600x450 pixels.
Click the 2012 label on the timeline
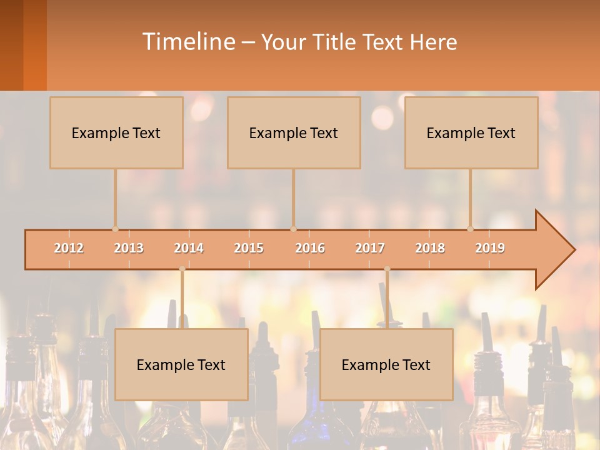(x=69, y=248)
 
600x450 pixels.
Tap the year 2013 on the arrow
(x=129, y=248)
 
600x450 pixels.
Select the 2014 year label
(x=189, y=248)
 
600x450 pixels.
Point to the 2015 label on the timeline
(x=249, y=248)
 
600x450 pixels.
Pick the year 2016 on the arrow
(x=310, y=248)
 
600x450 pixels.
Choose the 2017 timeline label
(x=370, y=248)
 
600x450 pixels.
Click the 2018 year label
(x=430, y=248)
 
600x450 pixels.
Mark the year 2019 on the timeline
(x=490, y=248)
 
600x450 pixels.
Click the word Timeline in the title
(x=187, y=42)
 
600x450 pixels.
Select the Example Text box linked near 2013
(x=116, y=132)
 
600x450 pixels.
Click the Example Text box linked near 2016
(x=294, y=132)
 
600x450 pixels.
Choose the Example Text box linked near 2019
(x=471, y=132)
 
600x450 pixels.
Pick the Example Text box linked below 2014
(x=181, y=364)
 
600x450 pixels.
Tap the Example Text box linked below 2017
(x=386, y=364)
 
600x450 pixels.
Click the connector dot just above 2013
(x=115, y=229)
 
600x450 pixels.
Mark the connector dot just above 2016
(x=293, y=229)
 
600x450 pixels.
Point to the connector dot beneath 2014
(x=182, y=269)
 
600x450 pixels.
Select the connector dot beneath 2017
(x=387, y=269)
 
